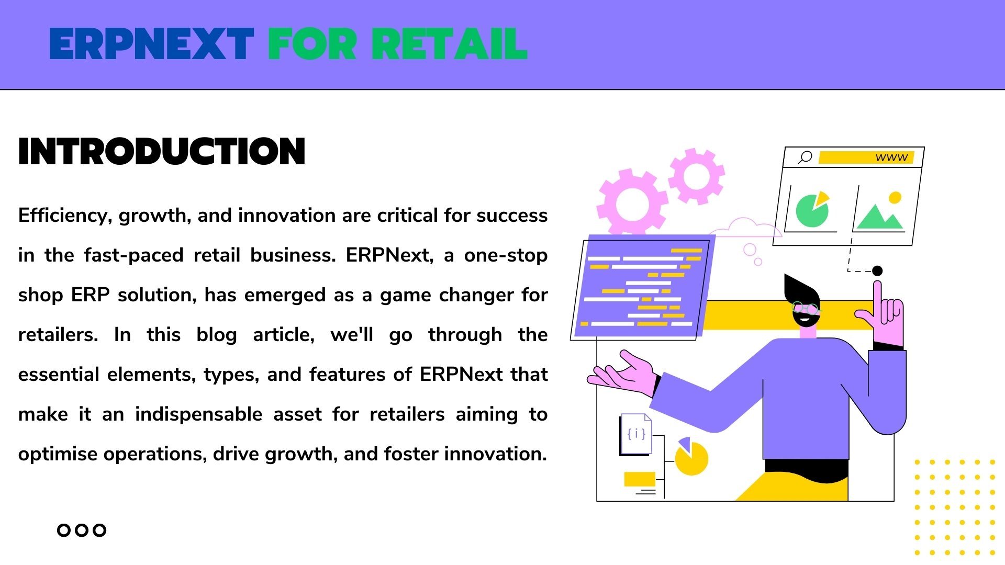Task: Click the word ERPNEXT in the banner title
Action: click(152, 44)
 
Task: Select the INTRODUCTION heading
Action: click(162, 152)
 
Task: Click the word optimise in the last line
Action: click(58, 454)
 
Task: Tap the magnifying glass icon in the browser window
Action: click(805, 157)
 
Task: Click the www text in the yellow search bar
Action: click(891, 157)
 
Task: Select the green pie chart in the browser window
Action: click(812, 210)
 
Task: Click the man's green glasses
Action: click(806, 309)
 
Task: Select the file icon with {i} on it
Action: click(636, 434)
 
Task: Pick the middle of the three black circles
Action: click(81, 530)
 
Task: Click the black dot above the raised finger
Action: click(877, 270)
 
